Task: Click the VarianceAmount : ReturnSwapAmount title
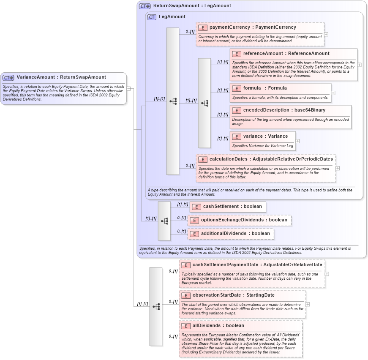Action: (61, 77)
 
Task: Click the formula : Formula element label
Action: (265, 88)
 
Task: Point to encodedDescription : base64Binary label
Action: (284, 110)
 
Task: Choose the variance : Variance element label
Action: (265, 136)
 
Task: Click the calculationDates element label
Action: (271, 159)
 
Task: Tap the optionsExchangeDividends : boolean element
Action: (240, 220)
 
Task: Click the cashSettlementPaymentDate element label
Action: (257, 265)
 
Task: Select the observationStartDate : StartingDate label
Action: (233, 295)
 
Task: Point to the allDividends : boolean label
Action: (218, 326)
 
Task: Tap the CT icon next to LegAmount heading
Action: (152, 17)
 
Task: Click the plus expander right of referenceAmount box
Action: (359, 65)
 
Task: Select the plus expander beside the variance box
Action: (297, 141)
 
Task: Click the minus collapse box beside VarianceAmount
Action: (128, 89)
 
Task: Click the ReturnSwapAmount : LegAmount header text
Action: (192, 6)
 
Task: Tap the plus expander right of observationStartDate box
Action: (308, 304)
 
